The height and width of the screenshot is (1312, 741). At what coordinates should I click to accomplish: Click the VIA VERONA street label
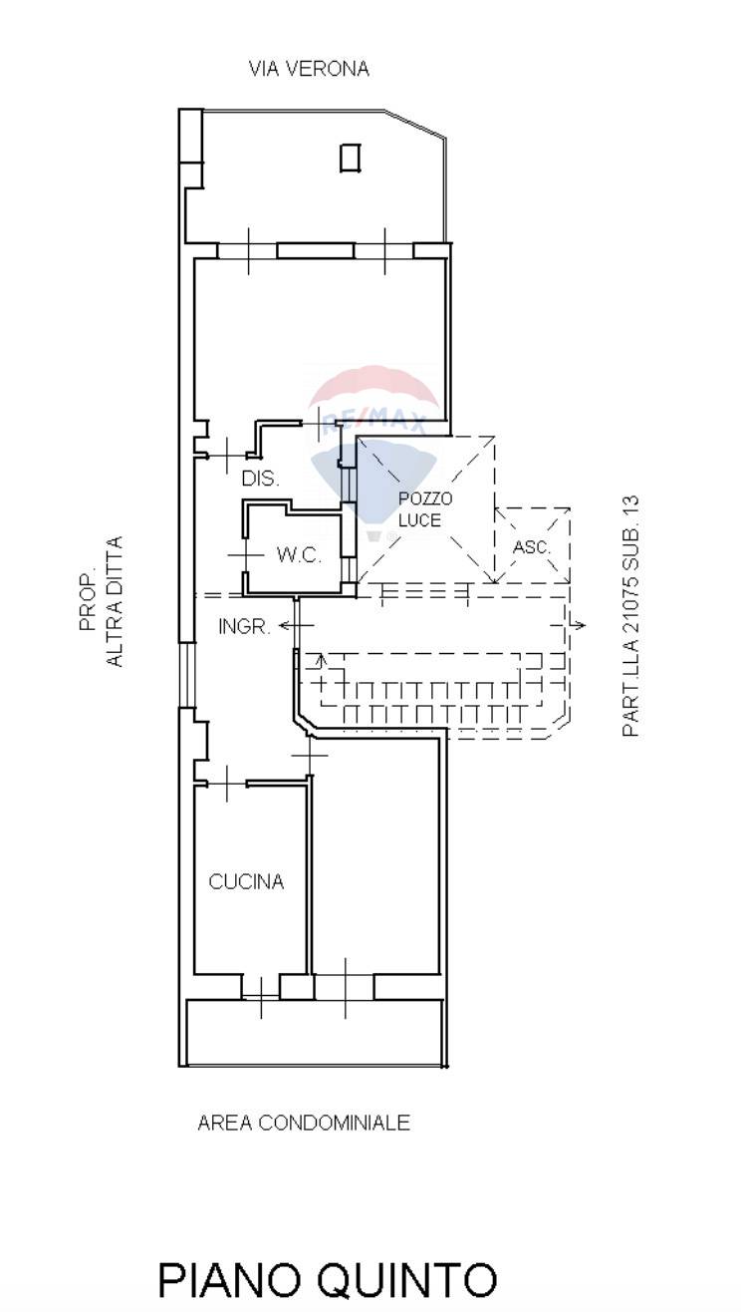pyautogui.click(x=309, y=69)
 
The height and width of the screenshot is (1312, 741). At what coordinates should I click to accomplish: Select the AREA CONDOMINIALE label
pyautogui.click(x=304, y=1123)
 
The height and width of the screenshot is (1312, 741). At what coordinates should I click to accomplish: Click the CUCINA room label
pyautogui.click(x=246, y=881)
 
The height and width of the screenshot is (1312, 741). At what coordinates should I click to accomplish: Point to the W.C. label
pyautogui.click(x=299, y=555)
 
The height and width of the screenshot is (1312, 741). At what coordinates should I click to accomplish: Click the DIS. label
pyautogui.click(x=261, y=479)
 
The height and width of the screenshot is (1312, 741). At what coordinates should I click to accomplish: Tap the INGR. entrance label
pyautogui.click(x=245, y=627)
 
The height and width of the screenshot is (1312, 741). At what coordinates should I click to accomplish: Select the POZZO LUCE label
pyautogui.click(x=425, y=509)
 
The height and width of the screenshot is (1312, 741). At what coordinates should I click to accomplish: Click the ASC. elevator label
pyautogui.click(x=532, y=547)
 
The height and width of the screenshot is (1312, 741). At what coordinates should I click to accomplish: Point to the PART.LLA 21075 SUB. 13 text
pyautogui.click(x=631, y=617)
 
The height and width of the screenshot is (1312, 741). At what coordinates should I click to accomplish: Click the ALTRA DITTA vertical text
pyautogui.click(x=115, y=601)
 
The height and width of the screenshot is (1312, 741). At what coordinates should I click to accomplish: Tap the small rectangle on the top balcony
pyautogui.click(x=350, y=158)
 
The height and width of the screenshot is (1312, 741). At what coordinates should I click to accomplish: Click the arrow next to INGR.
pyautogui.click(x=297, y=625)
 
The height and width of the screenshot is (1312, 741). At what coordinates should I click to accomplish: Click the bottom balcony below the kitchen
pyautogui.click(x=315, y=1032)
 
